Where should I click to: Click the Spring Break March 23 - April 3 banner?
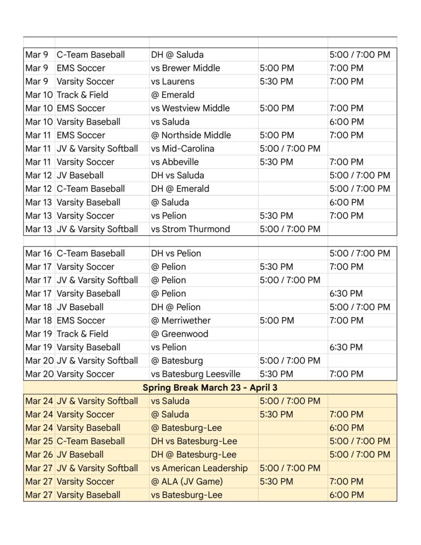click(x=210, y=387)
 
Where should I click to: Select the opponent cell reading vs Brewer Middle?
click(x=185, y=68)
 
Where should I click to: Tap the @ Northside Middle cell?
click(x=191, y=135)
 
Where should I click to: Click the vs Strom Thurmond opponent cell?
click(x=191, y=229)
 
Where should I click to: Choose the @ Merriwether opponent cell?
click(x=181, y=320)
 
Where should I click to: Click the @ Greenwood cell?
click(x=179, y=334)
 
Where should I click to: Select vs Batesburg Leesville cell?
click(x=195, y=374)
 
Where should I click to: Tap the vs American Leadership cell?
click(x=199, y=468)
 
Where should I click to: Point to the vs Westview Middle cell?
click(x=190, y=108)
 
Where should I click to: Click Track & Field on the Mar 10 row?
click(x=82, y=95)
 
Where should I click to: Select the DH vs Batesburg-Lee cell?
click(x=194, y=441)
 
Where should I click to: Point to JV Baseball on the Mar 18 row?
click(x=80, y=307)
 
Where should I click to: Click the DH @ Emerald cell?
click(x=180, y=188)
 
